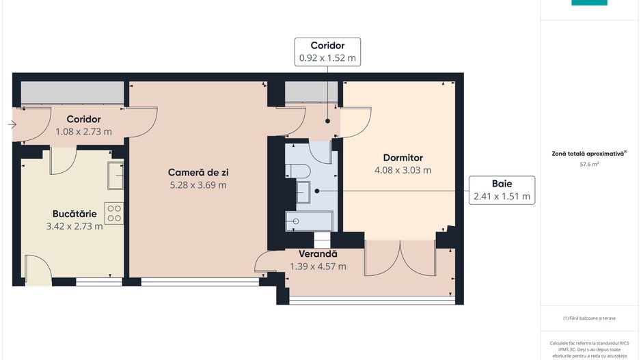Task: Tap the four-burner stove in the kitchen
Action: [114, 213]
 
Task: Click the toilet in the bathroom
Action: [300, 171]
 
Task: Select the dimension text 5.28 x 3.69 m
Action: [198, 184]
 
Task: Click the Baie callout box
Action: [502, 190]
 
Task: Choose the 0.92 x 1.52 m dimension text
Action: [327, 58]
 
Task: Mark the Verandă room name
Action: [318, 255]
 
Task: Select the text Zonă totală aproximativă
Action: [587, 154]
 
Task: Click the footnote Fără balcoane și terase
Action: [588, 318]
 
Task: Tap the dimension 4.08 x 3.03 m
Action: [403, 170]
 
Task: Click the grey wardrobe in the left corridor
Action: [72, 93]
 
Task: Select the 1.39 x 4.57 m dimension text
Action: [318, 266]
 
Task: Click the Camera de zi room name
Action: [198, 172]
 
